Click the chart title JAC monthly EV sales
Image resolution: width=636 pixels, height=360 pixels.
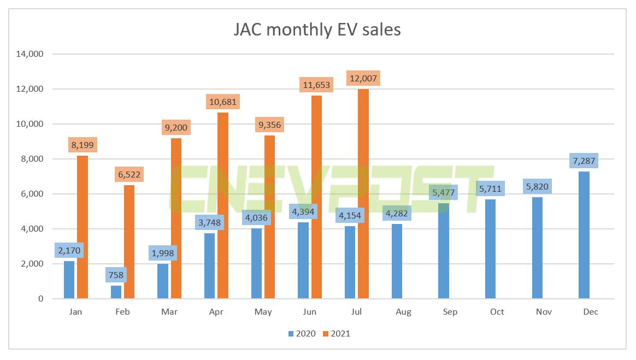[317, 29]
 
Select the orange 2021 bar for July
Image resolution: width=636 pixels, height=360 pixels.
[363, 194]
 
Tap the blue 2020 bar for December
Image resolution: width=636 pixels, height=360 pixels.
[584, 235]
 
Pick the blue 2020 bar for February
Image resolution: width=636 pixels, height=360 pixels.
[116, 292]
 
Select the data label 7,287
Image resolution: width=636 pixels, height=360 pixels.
[584, 161]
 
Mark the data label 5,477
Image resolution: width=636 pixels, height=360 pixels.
[443, 193]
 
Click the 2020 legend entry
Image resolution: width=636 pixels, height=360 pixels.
[299, 333]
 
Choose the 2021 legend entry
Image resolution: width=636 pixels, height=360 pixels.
[334, 333]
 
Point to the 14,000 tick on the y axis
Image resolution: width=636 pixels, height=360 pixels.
[31, 54]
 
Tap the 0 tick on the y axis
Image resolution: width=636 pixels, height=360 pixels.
[40, 299]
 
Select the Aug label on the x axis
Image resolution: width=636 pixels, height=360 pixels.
[403, 312]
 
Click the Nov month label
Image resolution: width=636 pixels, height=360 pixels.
[544, 312]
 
